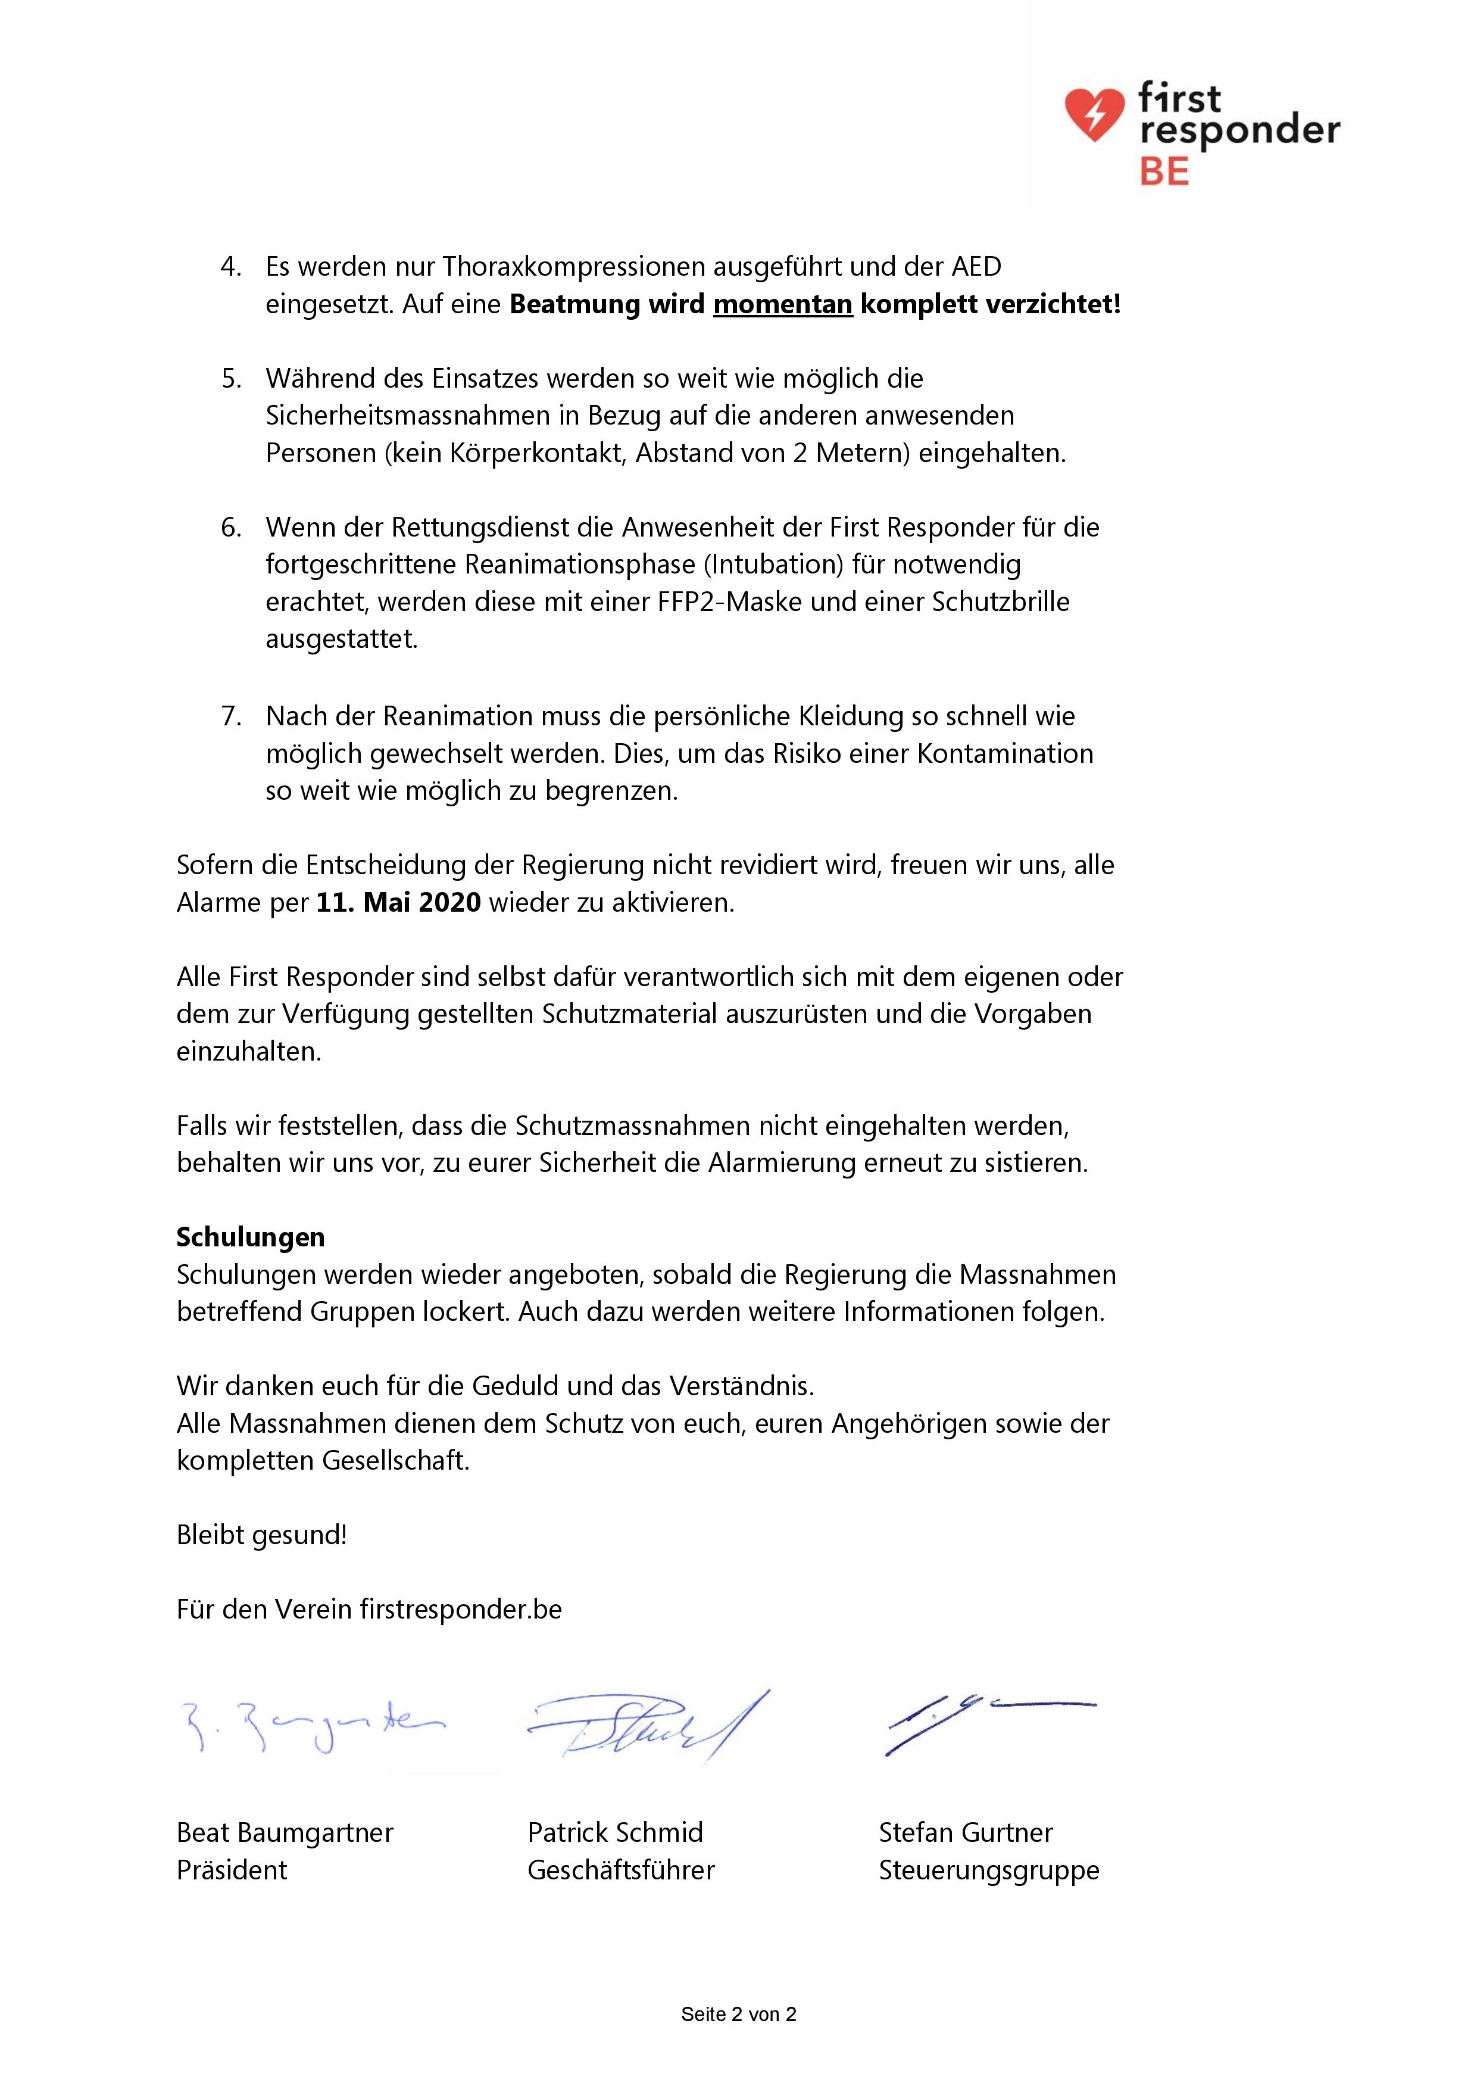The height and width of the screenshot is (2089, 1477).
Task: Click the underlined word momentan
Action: click(782, 304)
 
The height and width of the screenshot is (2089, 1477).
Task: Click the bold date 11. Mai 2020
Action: click(398, 903)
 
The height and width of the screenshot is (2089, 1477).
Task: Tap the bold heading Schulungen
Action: click(250, 1237)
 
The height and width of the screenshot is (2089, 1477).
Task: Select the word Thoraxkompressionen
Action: click(574, 267)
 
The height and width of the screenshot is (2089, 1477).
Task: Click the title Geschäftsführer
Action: click(621, 1870)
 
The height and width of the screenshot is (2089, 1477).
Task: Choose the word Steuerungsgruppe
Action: click(989, 1870)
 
